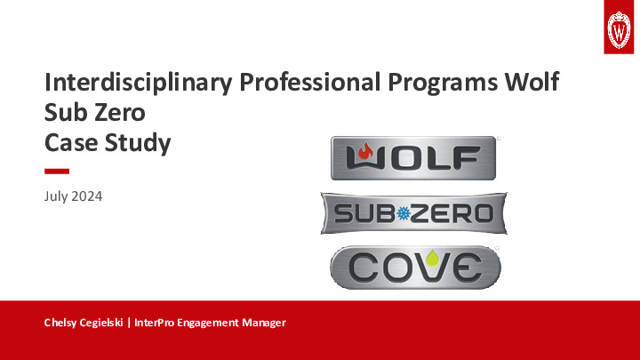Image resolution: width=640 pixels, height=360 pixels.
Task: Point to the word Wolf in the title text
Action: point(534,84)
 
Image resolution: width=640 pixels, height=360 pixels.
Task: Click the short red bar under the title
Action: point(57,170)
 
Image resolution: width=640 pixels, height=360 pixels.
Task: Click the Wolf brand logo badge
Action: point(412,158)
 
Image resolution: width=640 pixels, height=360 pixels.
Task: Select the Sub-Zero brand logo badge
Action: point(413,213)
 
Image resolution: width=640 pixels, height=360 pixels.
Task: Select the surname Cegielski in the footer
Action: point(106,323)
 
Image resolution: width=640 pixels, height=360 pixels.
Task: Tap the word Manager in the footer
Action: point(263,323)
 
